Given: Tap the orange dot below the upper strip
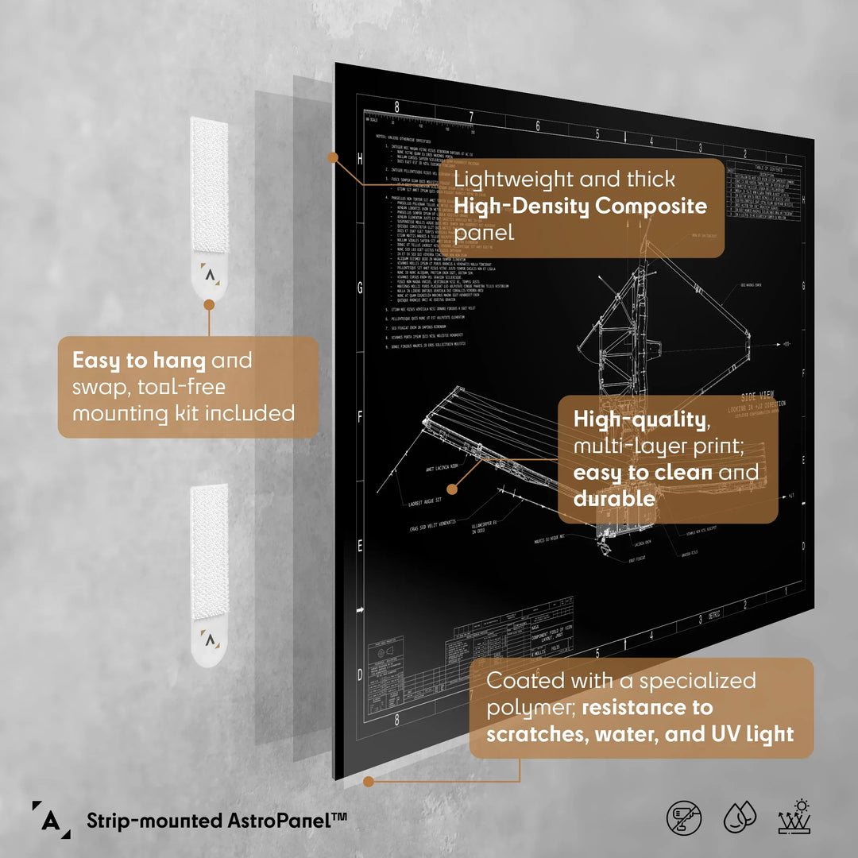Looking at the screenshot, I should click(209, 304).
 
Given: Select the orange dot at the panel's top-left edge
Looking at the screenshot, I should click(333, 157).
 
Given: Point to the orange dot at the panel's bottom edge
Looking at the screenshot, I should click(369, 782).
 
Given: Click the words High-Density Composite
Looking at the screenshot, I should click(580, 207).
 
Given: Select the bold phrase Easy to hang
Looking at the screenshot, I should click(139, 361).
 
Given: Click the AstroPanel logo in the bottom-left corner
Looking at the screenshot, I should click(49, 818).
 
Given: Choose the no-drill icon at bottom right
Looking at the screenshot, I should click(684, 817).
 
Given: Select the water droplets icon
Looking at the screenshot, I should click(739, 817).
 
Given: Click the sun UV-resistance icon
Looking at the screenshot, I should click(793, 817).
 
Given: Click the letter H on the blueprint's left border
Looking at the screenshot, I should click(360, 160).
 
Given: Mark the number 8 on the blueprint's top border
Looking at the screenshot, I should click(397, 106).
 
